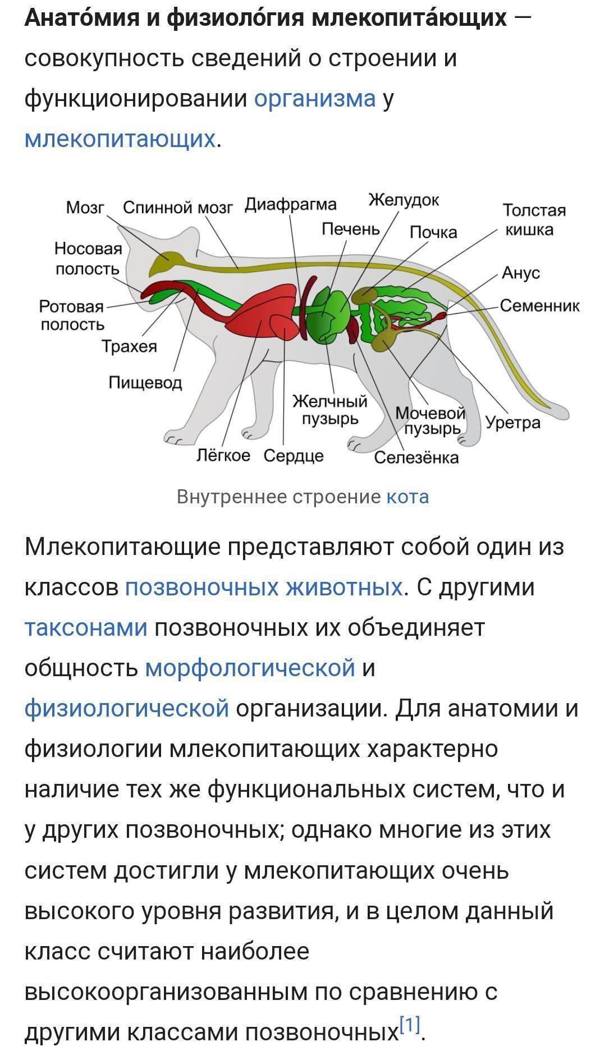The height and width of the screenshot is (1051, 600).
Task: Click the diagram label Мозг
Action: click(85, 208)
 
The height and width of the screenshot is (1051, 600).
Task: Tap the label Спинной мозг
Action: click(177, 208)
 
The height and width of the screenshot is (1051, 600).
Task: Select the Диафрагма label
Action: click(291, 205)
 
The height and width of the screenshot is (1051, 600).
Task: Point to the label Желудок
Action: click(404, 200)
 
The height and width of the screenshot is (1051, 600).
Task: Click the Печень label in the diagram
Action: click(351, 229)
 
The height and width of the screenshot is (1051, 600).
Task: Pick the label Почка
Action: click(433, 232)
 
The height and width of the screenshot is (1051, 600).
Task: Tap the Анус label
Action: click(521, 273)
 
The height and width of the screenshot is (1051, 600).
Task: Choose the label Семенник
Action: click(539, 306)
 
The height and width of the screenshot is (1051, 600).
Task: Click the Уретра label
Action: click(513, 423)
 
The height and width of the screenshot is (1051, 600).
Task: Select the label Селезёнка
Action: click(416, 458)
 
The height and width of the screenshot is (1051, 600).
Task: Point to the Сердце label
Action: click(294, 456)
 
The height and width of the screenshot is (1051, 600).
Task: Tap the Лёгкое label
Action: click(223, 455)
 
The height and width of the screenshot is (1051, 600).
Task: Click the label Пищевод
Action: click(145, 383)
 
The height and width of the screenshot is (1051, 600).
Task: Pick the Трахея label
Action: click(129, 347)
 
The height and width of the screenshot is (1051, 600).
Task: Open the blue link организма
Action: click(315, 99)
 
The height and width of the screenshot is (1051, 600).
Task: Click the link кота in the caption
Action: click(408, 497)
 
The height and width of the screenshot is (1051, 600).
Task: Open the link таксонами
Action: click(86, 627)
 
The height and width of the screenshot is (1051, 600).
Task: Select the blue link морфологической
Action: click(250, 668)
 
